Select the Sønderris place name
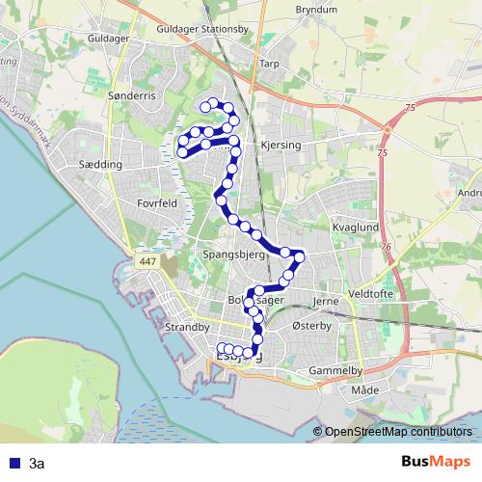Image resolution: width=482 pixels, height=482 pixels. click(x=131, y=97)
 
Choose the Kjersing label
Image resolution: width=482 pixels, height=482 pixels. click(x=281, y=146)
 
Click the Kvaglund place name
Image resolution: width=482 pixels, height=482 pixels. click(x=357, y=228)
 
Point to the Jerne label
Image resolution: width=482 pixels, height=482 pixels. click(x=328, y=300)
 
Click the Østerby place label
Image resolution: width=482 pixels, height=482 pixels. click(x=310, y=328)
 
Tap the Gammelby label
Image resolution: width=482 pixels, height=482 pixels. click(x=335, y=370)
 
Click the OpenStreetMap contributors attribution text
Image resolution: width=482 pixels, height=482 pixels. click(x=399, y=433)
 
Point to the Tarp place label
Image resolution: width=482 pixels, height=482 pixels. click(x=269, y=64)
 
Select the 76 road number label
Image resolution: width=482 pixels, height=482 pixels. click(x=388, y=249)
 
